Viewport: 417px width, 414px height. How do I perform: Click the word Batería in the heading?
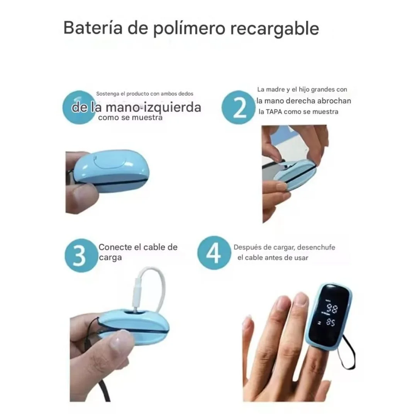click(93, 28)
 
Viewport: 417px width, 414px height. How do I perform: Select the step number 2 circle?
click(238, 107)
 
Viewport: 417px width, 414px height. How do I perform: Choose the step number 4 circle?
click(214, 253)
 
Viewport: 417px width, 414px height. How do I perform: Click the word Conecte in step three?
click(115, 247)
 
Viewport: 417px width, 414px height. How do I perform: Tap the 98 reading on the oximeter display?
click(332, 308)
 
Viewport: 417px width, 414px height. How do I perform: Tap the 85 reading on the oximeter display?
click(330, 322)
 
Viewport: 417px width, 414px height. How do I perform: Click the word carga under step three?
click(110, 257)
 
